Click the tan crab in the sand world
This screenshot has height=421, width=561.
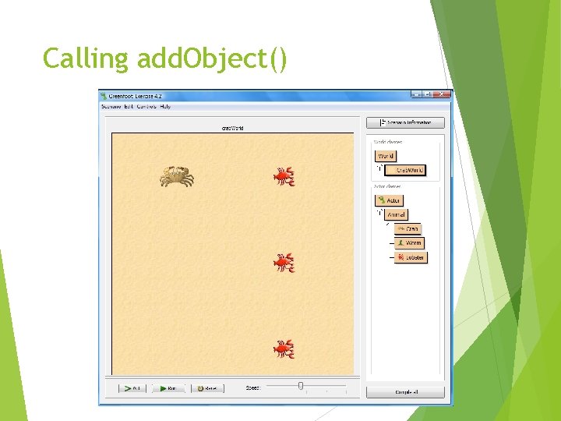tap(177, 176)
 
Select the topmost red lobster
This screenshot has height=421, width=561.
tap(284, 177)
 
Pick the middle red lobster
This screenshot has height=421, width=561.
tap(284, 263)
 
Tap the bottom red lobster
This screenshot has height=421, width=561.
tap(284, 348)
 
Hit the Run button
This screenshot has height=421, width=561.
tap(168, 387)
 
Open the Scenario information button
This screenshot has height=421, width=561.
tap(406, 122)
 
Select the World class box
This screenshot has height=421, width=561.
tap(386, 156)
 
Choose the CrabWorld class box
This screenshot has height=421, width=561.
tap(407, 170)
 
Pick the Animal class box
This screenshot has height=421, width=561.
tap(396, 214)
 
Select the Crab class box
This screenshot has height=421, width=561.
tap(408, 228)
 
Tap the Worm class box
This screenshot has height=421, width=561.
tap(409, 242)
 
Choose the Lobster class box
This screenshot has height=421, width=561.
tap(411, 256)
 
